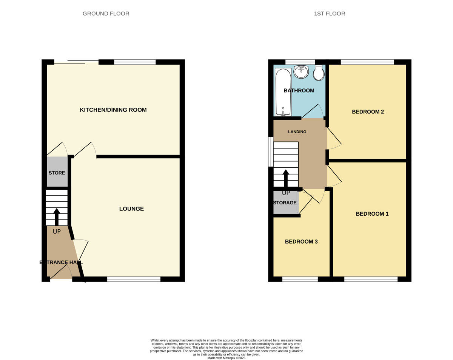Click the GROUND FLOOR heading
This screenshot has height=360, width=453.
click(106, 14)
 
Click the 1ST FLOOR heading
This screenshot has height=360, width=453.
click(329, 14)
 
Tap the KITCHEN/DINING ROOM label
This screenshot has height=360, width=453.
click(113, 110)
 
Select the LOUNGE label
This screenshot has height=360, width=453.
click(131, 209)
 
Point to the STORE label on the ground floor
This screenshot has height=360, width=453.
click(57, 173)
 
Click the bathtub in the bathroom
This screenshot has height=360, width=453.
click(283, 92)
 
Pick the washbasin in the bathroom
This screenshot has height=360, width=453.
click(301, 71)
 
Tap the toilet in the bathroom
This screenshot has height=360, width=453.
click(319, 73)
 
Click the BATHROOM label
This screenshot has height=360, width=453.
click(299, 91)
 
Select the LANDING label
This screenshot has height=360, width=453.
click(297, 132)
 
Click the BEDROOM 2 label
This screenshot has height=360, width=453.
click(368, 112)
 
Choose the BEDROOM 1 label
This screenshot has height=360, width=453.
click(372, 214)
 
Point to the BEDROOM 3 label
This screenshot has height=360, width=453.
click(301, 242)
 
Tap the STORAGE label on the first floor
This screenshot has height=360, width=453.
click(285, 203)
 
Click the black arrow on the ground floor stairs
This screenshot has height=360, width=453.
click(57, 216)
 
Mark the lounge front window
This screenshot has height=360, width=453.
click(134, 279)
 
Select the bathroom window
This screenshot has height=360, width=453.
click(300, 62)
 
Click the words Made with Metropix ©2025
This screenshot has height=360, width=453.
click(226, 358)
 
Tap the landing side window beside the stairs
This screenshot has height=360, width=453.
click(270, 151)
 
